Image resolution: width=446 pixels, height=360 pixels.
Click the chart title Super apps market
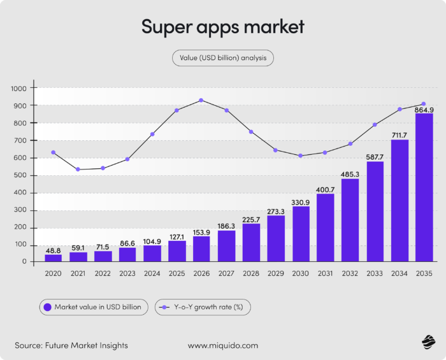[222, 27]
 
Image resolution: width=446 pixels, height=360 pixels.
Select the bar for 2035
[424, 188]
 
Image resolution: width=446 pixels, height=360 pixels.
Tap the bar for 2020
[54, 258]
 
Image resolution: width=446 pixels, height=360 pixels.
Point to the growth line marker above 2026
[201, 100]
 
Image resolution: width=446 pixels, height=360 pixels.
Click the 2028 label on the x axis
[251, 273]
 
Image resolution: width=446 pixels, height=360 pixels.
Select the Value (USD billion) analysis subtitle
[223, 58]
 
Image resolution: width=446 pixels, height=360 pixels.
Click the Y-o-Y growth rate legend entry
[203, 307]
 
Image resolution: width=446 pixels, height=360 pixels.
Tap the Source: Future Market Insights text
[71, 345]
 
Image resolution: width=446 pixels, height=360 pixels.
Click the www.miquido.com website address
[223, 345]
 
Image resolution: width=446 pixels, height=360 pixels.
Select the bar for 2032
[350, 220]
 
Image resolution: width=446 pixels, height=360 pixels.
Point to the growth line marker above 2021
[78, 169]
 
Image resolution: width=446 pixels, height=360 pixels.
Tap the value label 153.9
[201, 232]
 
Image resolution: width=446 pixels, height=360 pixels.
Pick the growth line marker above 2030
[300, 155]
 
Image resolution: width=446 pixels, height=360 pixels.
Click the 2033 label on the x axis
[375, 273]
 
